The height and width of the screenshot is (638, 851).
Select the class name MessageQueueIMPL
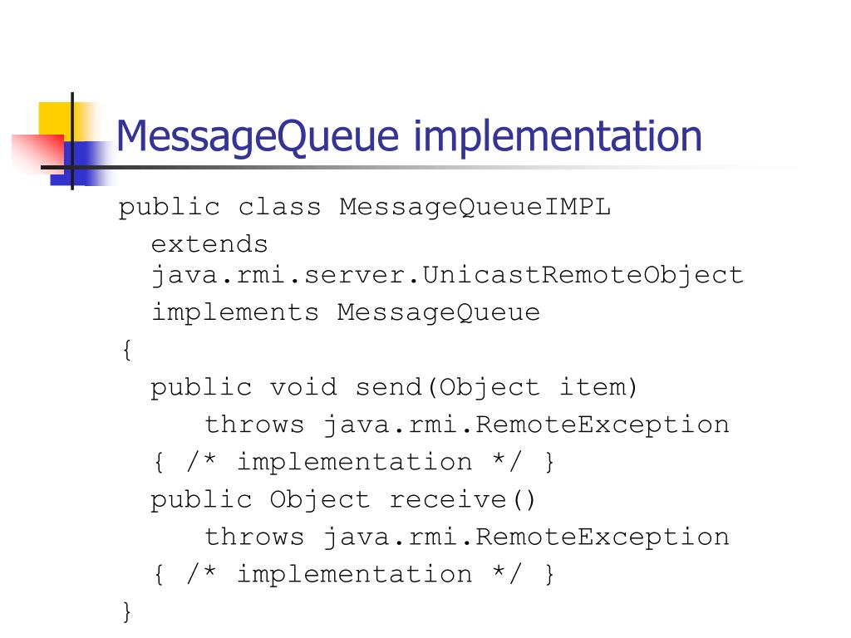475,207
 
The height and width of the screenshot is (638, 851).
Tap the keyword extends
209,244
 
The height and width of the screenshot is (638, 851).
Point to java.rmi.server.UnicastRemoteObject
447,274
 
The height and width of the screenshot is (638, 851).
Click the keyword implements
234,312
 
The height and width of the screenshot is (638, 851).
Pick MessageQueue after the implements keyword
439,312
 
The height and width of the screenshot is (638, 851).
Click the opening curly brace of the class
126,351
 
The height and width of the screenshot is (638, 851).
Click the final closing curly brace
126,612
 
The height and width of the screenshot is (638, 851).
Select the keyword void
303,387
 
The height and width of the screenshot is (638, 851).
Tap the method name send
387,387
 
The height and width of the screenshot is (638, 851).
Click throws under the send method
254,425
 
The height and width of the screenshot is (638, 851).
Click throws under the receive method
254,537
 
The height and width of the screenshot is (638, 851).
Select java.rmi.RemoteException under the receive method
526,537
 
